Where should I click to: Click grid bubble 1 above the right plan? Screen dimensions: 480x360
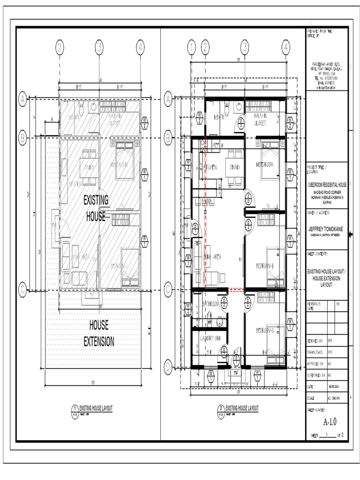click(191, 47)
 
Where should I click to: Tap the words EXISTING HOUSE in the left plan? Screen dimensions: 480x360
click(96, 208)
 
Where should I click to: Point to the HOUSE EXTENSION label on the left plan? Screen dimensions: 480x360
click(98, 333)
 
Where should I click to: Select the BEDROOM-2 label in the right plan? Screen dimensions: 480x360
click(265, 331)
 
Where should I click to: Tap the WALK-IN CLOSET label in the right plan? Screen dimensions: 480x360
click(260, 119)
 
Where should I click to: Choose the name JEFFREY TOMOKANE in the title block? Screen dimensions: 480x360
click(326, 229)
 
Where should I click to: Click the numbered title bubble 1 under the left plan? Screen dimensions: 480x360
click(75, 409)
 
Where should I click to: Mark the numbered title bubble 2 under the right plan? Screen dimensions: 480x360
click(220, 409)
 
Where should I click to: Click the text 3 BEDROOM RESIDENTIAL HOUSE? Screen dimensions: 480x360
click(326, 185)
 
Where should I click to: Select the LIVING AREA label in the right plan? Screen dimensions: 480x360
click(212, 257)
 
